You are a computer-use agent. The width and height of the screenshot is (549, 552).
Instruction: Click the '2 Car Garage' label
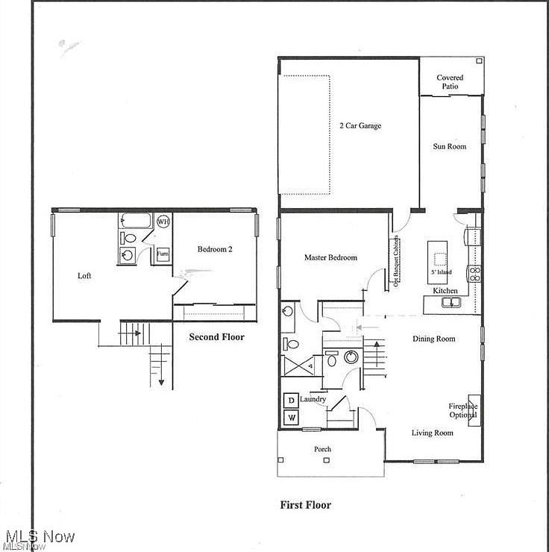[360, 126]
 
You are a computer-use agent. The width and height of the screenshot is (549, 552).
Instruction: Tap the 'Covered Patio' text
[450, 82]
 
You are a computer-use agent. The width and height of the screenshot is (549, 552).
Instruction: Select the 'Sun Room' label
[450, 146]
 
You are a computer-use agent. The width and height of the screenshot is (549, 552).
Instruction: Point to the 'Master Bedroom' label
[330, 257]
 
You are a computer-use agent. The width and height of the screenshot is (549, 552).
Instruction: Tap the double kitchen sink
[450, 302]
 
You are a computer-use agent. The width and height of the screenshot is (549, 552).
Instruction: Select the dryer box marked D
[291, 401]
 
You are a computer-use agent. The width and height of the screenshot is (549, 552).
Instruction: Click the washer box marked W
[291, 418]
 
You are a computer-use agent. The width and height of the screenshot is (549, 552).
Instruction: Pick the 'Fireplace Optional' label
[462, 411]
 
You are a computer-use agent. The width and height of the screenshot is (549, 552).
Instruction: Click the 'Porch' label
[322, 449]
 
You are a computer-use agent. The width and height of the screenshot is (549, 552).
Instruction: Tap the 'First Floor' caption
[305, 505]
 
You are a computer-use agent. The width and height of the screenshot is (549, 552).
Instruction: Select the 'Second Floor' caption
[216, 337]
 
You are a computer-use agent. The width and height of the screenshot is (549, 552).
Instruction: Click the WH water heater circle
[163, 222]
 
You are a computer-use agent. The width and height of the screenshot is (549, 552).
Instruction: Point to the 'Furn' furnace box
[162, 254]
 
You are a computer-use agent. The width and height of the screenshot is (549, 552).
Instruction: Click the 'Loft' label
[85, 275]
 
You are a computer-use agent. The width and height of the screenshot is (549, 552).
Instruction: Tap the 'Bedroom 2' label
[215, 249]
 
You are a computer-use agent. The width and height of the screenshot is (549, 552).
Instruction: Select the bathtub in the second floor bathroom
[137, 221]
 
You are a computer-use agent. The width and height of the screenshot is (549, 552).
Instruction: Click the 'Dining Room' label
[433, 339]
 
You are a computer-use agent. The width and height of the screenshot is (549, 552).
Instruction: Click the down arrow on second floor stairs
[160, 382]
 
